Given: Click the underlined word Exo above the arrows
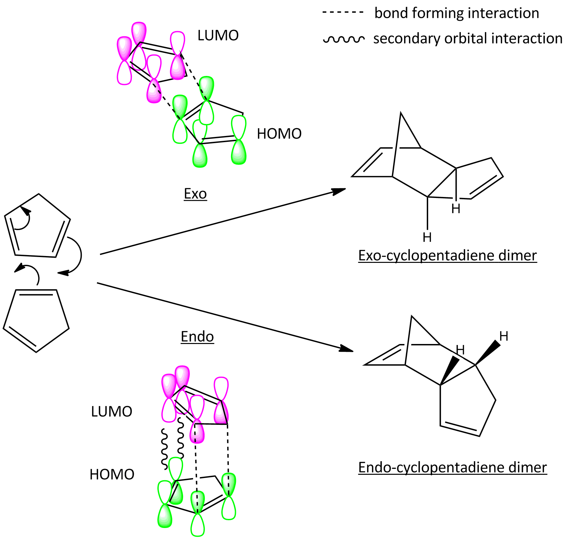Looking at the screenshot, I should pyautogui.click(x=195, y=194).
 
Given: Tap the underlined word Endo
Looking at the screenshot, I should pyautogui.click(x=197, y=337).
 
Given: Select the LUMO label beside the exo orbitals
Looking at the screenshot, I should pyautogui.click(x=218, y=35).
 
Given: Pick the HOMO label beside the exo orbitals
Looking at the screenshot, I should pyautogui.click(x=279, y=134).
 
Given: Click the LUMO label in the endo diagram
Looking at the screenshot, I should pyautogui.click(x=112, y=411).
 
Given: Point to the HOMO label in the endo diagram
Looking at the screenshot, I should pyautogui.click(x=112, y=474).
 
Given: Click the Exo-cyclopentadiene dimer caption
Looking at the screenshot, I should pyautogui.click(x=448, y=255).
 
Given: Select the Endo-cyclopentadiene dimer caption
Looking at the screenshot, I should pyautogui.click(x=452, y=467).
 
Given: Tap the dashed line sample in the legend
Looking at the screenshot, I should pyautogui.click(x=343, y=13).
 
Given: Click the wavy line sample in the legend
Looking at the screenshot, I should pyautogui.click(x=344, y=39).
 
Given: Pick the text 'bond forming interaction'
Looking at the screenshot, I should pyautogui.click(x=457, y=13).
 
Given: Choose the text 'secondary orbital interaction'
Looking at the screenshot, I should pyautogui.click(x=468, y=38).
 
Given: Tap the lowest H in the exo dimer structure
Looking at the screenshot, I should pyautogui.click(x=427, y=238).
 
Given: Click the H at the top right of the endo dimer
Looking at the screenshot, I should pyautogui.click(x=504, y=336).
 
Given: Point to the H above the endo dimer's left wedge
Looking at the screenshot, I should pyautogui.click(x=460, y=350).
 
